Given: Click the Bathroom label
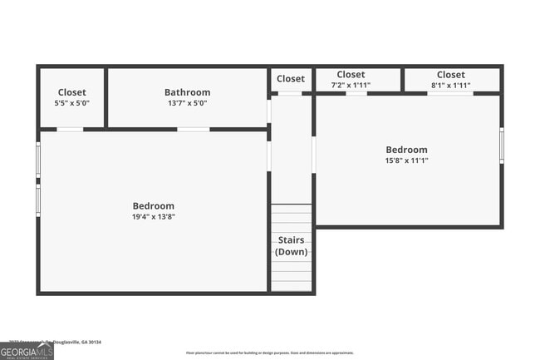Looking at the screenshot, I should (187, 92).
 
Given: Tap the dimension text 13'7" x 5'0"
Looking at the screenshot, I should (187, 103).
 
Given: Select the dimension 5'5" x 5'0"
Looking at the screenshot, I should (71, 103).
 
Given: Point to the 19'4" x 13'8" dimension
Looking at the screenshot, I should (154, 216).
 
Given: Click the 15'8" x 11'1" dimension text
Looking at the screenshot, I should (406, 160).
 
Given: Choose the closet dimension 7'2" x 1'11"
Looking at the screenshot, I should (351, 85).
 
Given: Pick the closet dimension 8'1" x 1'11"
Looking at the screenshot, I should (451, 85).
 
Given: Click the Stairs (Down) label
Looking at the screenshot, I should (291, 246).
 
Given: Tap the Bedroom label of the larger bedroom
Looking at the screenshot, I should (154, 205).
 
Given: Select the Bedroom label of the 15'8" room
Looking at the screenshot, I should (406, 150).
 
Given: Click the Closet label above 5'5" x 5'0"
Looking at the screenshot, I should (71, 92).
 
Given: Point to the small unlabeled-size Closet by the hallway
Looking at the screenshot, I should (291, 79).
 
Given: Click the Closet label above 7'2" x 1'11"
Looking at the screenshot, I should (351, 75).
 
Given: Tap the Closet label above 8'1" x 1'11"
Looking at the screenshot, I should (451, 75).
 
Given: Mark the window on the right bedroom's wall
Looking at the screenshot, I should (501, 145).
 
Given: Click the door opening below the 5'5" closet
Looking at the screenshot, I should (70, 129).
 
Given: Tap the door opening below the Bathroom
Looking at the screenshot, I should (193, 129).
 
